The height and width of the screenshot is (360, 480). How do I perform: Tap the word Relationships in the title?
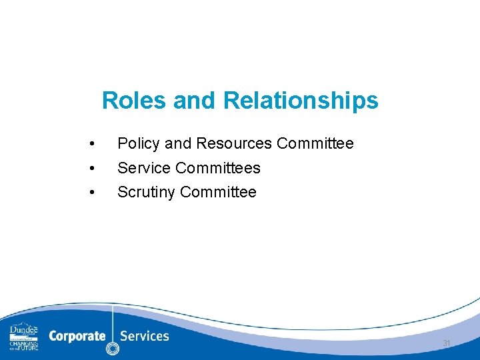point(301,101)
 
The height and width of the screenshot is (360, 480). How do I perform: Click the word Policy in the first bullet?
point(138,143)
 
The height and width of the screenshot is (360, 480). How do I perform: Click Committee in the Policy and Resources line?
point(315,143)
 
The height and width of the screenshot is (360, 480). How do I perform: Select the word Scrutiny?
point(146,193)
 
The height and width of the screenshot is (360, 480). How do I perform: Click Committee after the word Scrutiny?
point(218,192)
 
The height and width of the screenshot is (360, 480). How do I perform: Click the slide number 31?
point(446,343)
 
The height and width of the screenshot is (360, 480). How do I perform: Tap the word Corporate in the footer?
point(77,336)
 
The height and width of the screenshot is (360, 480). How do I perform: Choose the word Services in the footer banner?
point(145,336)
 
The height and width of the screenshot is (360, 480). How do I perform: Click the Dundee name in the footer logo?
point(24,330)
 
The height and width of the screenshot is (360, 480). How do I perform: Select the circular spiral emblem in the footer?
point(113,348)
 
